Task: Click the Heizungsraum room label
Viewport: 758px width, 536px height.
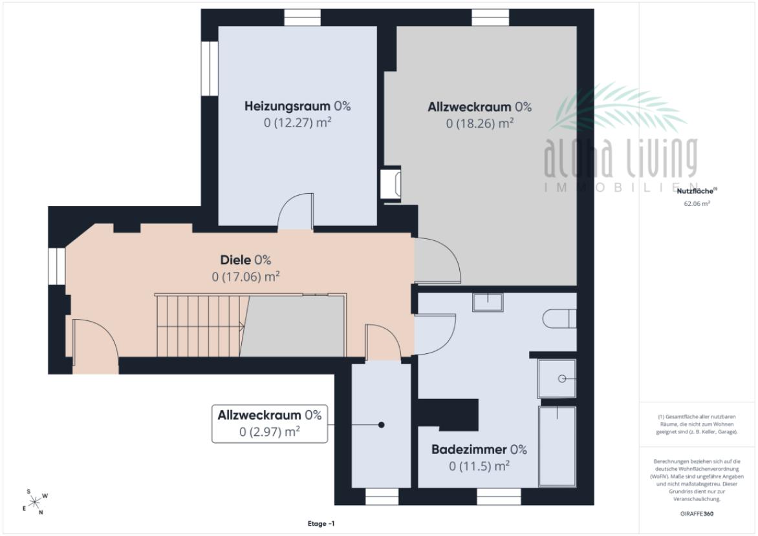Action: pos(287,106)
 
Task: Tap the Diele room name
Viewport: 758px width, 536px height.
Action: pos(235,260)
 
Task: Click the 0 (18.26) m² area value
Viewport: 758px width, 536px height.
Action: pos(479,123)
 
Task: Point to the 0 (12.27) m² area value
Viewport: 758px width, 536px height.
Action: pos(298,122)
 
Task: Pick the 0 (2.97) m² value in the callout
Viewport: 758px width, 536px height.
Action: pos(269,431)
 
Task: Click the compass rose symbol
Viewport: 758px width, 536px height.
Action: pos(35,502)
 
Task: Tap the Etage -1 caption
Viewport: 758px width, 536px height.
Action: pos(321,524)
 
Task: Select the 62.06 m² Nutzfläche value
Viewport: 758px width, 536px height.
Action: pos(697,203)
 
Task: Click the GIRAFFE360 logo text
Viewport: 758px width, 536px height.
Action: pos(697,514)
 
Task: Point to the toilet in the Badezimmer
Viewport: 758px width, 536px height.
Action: pos(559,319)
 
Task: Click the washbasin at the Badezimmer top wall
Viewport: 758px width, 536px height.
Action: pos(488,302)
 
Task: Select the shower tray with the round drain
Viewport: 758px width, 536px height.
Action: pos(557,378)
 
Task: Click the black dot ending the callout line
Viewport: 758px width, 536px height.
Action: pos(382,425)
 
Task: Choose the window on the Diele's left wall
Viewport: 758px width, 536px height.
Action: pos(57,266)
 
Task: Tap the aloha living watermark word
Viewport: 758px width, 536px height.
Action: pos(621,158)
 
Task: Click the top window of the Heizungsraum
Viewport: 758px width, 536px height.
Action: pos(302,17)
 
